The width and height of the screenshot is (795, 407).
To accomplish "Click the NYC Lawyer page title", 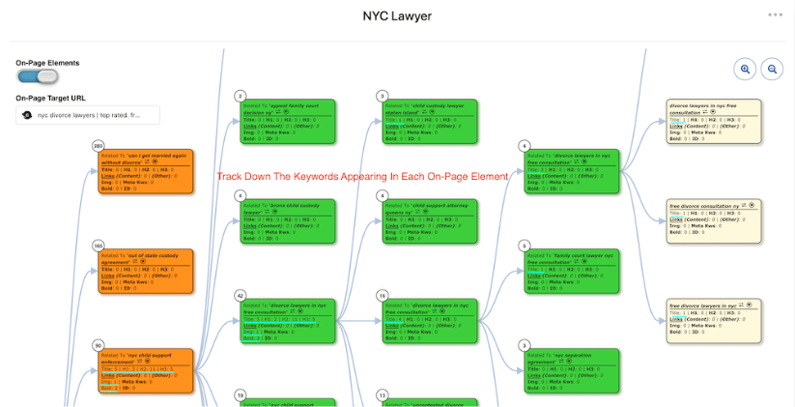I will pos(397,15).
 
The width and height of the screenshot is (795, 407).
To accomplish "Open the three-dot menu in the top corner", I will pos(775,15).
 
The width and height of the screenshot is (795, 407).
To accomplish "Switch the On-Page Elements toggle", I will pos(37,77).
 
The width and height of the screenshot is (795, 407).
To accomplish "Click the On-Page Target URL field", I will pos(88,115).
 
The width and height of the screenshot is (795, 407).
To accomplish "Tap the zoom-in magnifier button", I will pos(745,69).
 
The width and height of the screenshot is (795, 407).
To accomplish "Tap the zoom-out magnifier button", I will pos(772,69).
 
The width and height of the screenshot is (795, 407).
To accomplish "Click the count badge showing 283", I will pos(98,146).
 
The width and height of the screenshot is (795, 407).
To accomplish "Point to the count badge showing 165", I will pos(98,246).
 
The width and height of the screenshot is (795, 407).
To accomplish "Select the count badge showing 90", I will pos(98,345).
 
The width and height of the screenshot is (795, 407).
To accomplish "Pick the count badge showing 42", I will pos(241,295).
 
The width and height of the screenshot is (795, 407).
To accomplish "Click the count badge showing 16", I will pos(383,295).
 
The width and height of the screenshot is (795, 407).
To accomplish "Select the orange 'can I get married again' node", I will pos(145,171).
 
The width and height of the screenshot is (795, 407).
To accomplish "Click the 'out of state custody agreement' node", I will pos(145,271).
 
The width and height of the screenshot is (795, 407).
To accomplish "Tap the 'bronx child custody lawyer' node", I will pos(287,221).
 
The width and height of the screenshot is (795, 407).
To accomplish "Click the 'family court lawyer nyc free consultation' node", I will pos(572,271).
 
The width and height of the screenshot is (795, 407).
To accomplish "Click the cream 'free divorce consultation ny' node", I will pos(714,221).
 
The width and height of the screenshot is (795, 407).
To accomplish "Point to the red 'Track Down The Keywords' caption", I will pos(362,176).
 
